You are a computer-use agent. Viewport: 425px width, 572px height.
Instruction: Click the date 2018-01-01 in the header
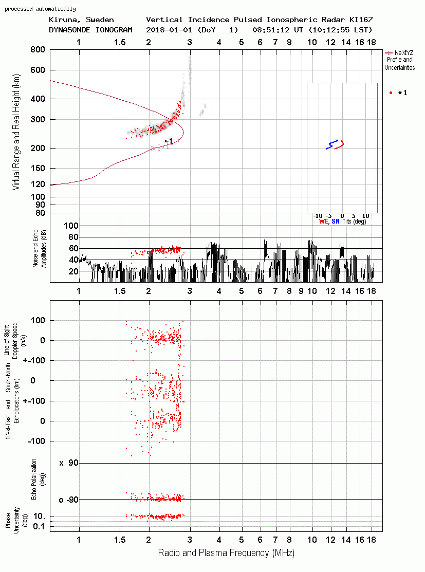pyautogui.click(x=169, y=30)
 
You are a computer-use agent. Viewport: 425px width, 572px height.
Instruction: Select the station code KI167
pyautogui.click(x=361, y=20)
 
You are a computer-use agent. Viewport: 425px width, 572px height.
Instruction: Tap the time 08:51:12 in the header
pyautogui.click(x=271, y=30)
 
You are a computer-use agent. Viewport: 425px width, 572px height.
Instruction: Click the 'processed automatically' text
pyautogui.click(x=40, y=9)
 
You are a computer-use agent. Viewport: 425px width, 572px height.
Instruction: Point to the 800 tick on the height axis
pyautogui.click(x=38, y=50)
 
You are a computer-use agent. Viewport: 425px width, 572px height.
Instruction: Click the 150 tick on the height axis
pyautogui.click(x=38, y=168)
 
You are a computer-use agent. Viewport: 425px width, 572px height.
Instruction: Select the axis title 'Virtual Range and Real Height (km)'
pyautogui.click(x=16, y=132)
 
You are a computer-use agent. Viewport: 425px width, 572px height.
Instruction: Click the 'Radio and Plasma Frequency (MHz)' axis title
pyautogui.click(x=226, y=553)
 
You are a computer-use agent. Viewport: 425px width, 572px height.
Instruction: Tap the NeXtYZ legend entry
pyautogui.click(x=399, y=60)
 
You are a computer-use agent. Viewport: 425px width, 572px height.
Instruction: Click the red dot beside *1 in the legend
pyautogui.click(x=391, y=93)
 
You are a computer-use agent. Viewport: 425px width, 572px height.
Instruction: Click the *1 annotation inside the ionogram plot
pyautogui.click(x=168, y=141)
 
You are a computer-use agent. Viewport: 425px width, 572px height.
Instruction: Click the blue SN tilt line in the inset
pyautogui.click(x=332, y=144)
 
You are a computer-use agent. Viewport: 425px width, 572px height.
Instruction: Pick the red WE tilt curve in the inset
pyautogui.click(x=340, y=144)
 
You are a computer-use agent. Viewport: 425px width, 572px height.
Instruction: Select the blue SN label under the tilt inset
pyautogui.click(x=335, y=222)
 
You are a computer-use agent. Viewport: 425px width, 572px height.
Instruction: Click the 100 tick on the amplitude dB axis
pyautogui.click(x=71, y=226)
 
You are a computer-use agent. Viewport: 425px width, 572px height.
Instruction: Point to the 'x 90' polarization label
pyautogui.click(x=69, y=463)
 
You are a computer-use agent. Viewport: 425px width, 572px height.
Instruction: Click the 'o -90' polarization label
pyautogui.click(x=68, y=500)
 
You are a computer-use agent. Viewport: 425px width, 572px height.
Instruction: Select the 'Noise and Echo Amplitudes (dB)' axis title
pyautogui.click(x=40, y=249)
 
